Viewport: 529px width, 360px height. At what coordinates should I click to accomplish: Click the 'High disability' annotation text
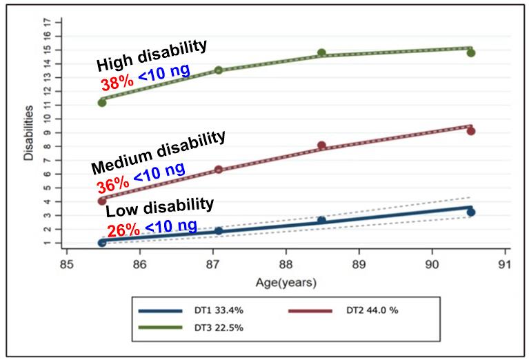[x=152, y=56]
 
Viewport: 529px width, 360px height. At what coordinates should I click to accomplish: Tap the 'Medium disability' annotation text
[x=158, y=151]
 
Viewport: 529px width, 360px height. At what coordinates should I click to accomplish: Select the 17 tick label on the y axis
[x=47, y=23]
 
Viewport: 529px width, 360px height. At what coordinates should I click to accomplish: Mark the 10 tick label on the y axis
[x=47, y=118]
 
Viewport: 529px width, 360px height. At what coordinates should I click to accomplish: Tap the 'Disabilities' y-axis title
[x=28, y=133]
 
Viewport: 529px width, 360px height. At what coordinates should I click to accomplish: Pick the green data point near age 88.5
[x=321, y=52]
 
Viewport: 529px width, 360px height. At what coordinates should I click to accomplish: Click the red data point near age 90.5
[x=471, y=131]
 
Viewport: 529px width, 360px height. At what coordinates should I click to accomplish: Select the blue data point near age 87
[x=219, y=230]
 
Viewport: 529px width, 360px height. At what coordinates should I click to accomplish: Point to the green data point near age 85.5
[x=102, y=102]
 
